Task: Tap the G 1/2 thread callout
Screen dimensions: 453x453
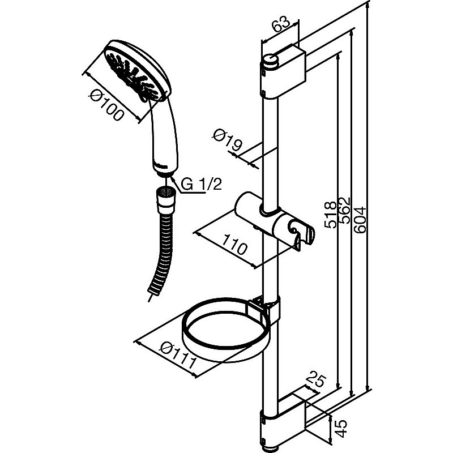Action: click(202, 183)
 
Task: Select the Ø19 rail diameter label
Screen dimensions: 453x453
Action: click(227, 140)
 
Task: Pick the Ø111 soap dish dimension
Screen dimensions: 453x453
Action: click(179, 356)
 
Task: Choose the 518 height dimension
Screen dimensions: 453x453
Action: click(330, 215)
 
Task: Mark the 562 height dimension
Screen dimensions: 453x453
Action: click(344, 210)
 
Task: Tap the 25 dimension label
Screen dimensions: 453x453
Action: click(316, 381)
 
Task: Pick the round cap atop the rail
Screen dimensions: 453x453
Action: click(271, 61)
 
